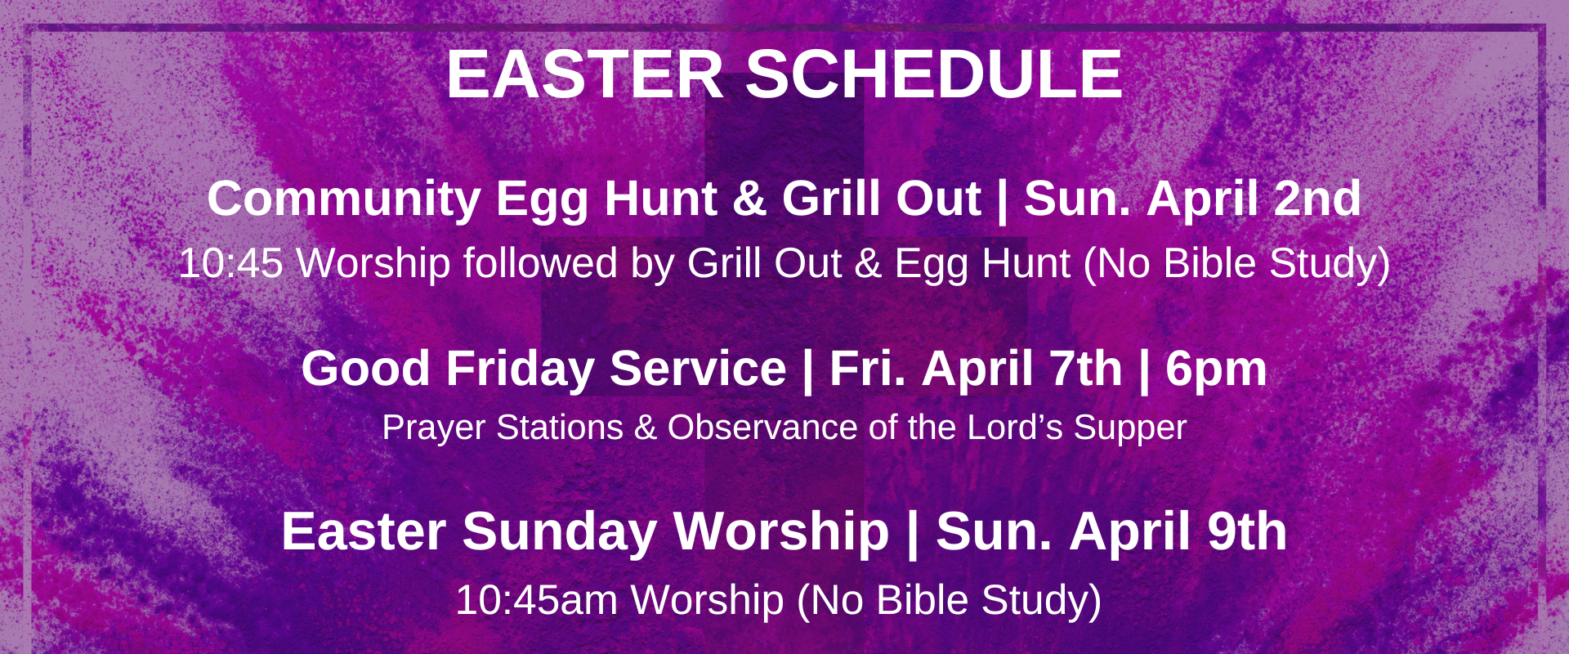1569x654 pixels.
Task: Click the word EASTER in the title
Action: coord(585,74)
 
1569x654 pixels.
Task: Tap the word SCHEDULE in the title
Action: coord(934,74)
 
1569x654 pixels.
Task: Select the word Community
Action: coord(344,199)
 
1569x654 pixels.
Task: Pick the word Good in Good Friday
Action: coord(365,368)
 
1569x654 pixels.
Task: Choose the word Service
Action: coord(698,368)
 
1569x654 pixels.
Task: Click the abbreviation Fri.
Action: coord(868,368)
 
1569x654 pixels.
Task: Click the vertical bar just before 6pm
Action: coord(1144,370)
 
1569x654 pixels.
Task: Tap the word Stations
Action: coord(560,428)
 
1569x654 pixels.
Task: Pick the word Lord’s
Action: coord(1015,428)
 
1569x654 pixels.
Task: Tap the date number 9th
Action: coord(1247,531)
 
